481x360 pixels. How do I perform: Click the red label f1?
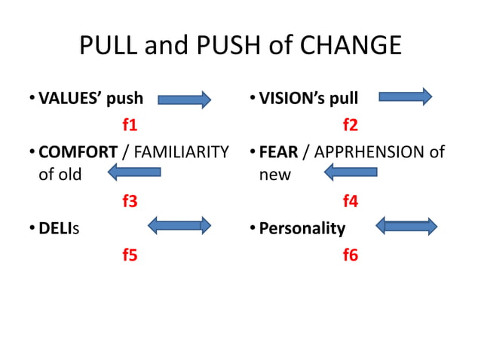[130, 124]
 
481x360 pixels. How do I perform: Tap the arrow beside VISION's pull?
[405, 96]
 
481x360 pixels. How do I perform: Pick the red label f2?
[351, 124]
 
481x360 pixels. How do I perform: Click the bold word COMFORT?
[78, 151]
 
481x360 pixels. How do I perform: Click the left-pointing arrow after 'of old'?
[134, 173]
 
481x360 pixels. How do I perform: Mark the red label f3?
[130, 201]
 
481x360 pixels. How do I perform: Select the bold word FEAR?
[278, 151]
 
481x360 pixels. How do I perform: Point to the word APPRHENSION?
[368, 151]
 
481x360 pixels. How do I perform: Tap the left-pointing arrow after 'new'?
[351, 173]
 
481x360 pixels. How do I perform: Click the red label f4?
[351, 201]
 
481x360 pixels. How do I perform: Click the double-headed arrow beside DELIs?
[179, 224]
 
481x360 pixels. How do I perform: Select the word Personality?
[302, 228]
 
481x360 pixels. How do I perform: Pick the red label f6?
[351, 255]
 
